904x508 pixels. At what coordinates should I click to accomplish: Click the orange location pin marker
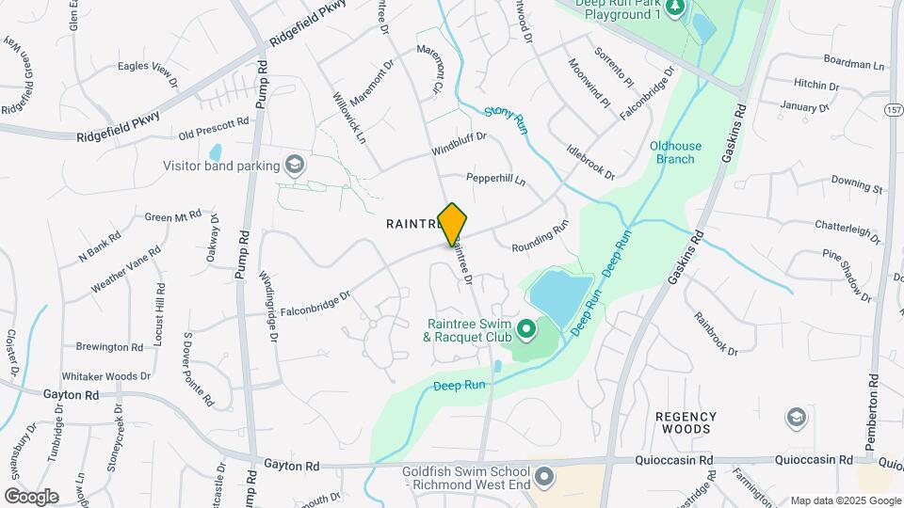(x=452, y=225)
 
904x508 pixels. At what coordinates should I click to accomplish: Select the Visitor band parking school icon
(x=296, y=166)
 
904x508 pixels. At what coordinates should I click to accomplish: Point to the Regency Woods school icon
(x=797, y=417)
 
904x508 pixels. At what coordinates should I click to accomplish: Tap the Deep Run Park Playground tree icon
(x=674, y=8)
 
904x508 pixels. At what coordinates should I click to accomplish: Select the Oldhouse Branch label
(x=672, y=152)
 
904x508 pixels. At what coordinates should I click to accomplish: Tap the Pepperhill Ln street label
(x=495, y=178)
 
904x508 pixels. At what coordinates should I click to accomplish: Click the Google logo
(x=31, y=497)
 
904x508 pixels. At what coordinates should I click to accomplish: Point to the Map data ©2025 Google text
(x=845, y=500)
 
